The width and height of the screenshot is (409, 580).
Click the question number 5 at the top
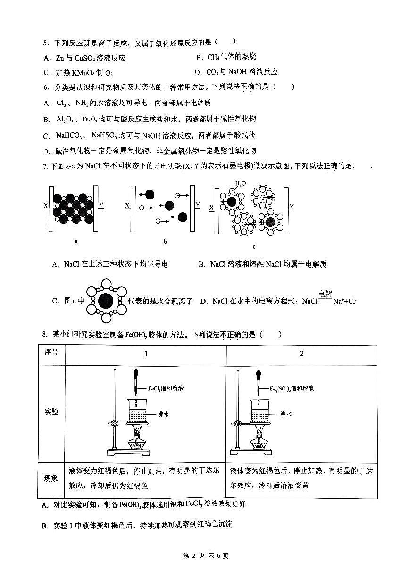pos(45,43)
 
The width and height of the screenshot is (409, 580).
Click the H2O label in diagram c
pos(240,183)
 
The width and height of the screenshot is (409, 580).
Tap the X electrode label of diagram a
pos(45,206)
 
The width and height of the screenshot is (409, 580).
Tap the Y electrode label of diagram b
pos(198,205)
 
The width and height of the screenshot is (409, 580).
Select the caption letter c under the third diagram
pos(254,246)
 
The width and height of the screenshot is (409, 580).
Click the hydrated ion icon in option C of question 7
pos(107,301)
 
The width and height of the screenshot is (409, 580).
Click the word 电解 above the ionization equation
pos(325,294)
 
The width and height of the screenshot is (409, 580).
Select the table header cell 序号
pos(51,353)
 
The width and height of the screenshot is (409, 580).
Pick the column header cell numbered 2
pos(302,354)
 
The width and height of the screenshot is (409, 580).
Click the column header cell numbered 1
pos(146,354)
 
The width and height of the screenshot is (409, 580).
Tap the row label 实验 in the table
pos(51,412)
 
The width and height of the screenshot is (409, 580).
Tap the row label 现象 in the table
pos(51,478)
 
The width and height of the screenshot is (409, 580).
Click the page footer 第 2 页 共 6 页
pos(205,556)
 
